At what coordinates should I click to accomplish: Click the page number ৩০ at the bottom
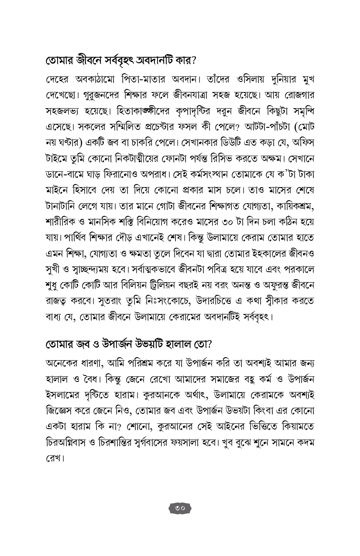(180, 508)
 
